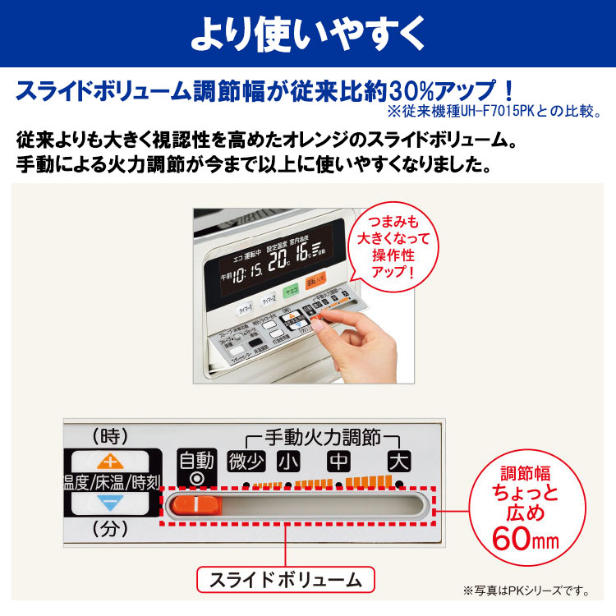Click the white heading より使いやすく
tap(308, 34)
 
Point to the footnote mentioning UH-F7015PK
tap(502, 111)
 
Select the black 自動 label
tap(195, 460)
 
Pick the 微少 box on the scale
tap(246, 462)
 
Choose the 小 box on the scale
tap(288, 462)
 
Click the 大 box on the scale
tap(400, 462)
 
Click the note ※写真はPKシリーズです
tap(527, 591)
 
